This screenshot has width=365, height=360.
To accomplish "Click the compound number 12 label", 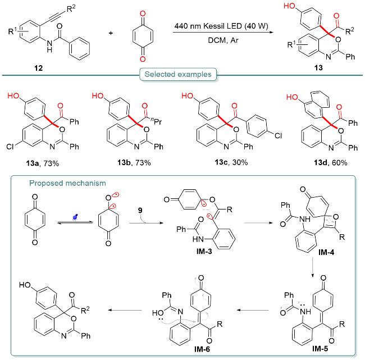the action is (38, 68).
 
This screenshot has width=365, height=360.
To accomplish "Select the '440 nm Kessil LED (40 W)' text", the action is (221, 26).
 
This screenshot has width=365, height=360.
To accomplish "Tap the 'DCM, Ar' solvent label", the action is (223, 40).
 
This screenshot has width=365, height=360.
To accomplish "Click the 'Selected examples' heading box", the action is (178, 74).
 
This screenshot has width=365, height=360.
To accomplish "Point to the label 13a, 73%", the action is (42, 163).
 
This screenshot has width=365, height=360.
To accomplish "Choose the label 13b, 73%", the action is (134, 162).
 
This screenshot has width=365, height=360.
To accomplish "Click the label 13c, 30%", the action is (231, 162).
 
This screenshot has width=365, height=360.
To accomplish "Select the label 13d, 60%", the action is (330, 162).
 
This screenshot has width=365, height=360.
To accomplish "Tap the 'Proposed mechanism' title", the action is (67, 183).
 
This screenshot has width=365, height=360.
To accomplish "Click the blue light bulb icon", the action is (75, 217).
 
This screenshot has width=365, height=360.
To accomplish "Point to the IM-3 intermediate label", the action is (204, 251).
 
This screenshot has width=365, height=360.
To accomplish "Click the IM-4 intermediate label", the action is (326, 252).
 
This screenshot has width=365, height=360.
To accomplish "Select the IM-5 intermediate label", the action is (320, 348).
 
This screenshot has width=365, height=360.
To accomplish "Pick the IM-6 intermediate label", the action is (202, 349).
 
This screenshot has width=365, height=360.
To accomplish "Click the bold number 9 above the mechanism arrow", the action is (140, 211).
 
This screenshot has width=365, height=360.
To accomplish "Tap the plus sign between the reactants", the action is (111, 33).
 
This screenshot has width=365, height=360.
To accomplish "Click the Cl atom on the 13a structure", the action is (10, 147).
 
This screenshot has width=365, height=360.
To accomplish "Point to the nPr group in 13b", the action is (157, 121).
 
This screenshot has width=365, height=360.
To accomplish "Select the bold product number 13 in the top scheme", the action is (318, 68).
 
